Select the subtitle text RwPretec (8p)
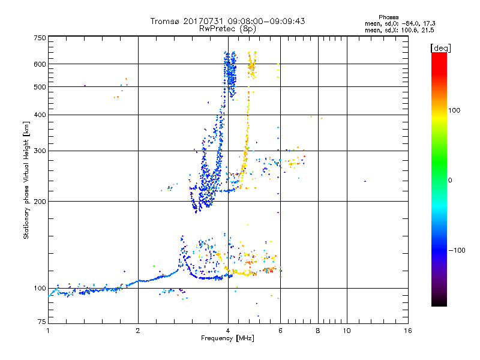(x=228, y=28)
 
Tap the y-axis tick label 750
(x=40, y=37)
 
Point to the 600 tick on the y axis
(x=40, y=64)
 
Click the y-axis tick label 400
(x=40, y=115)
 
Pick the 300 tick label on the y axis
(x=40, y=151)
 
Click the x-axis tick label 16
(x=408, y=331)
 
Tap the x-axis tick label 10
(x=347, y=331)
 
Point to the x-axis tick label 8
(x=318, y=331)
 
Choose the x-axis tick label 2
(x=138, y=331)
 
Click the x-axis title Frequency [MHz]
(x=228, y=339)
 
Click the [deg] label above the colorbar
(x=440, y=47)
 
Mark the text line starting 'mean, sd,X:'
(x=400, y=30)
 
